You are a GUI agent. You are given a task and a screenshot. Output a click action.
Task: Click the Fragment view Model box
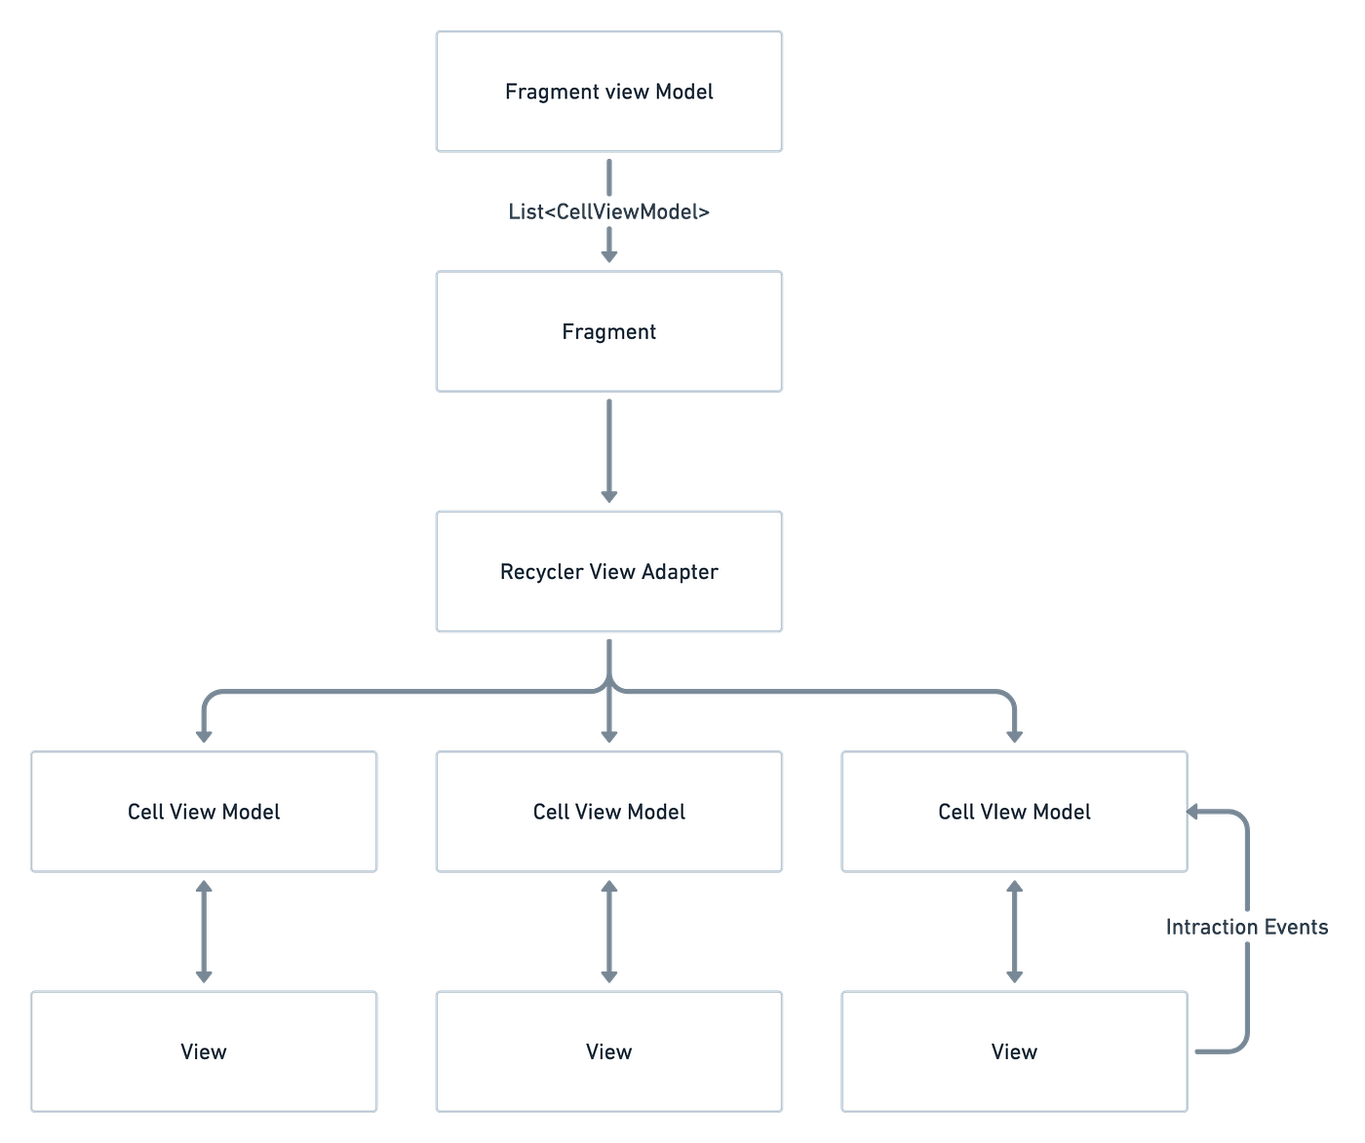point(608,91)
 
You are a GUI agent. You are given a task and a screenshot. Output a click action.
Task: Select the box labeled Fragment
point(608,331)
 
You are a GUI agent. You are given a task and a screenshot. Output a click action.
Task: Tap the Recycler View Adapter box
point(608,571)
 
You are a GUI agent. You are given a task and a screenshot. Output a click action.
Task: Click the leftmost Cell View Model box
point(204,812)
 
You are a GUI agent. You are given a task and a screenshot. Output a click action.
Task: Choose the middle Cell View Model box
point(608,812)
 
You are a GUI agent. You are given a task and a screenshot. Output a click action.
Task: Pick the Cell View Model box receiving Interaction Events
point(1014,812)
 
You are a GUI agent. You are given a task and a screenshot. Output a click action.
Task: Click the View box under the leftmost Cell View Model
point(204,1051)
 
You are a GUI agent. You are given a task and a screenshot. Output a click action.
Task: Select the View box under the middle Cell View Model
point(608,1051)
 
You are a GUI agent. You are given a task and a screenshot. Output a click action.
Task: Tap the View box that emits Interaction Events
point(1014,1051)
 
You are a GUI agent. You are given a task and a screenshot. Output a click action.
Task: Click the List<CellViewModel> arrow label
point(608,211)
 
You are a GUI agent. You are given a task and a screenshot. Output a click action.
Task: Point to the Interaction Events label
point(1247,927)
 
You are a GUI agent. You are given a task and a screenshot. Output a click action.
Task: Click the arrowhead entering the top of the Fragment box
point(608,256)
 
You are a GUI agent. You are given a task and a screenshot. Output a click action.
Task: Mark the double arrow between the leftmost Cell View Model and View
point(204,932)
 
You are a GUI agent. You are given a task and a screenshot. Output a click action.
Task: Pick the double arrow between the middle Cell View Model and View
point(608,932)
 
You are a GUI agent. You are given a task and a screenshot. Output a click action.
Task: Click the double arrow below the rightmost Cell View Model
point(1014,932)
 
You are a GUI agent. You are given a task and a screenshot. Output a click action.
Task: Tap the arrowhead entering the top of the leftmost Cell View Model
point(204,736)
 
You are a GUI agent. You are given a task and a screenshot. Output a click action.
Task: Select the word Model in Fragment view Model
point(684,92)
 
